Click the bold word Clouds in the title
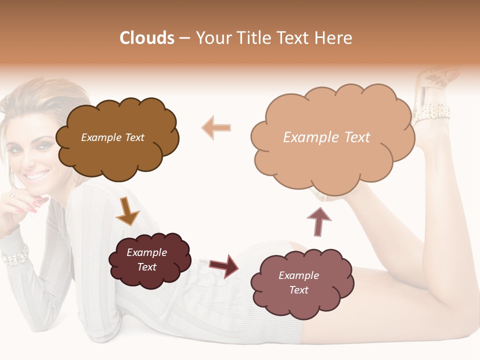point(147,38)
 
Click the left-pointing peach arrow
point(216,127)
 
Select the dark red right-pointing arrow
point(223,265)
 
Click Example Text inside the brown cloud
point(112,137)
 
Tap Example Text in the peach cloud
point(326,137)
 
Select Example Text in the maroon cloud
point(146,260)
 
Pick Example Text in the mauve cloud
point(298,282)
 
